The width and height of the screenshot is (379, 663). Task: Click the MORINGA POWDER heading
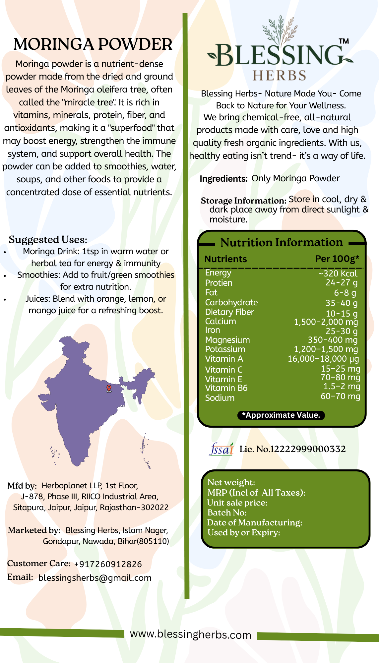tap(93, 44)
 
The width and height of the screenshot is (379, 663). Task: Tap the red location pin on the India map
tap(109, 388)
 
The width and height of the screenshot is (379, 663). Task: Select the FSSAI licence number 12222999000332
tap(308, 449)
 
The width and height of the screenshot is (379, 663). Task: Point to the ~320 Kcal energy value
tap(338, 273)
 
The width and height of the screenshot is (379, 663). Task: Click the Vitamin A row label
tap(224, 359)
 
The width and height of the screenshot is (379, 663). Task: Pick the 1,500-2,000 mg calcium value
tap(326, 322)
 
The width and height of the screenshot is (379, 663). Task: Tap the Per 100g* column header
tap(337, 259)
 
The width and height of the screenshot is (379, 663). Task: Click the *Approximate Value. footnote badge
tap(281, 415)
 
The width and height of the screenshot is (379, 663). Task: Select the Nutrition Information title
tap(282, 242)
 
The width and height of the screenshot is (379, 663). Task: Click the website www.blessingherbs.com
tap(190, 634)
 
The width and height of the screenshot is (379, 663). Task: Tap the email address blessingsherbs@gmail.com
tap(95, 578)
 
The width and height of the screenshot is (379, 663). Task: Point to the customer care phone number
tap(108, 564)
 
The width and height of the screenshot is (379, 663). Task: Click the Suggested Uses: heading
tap(48, 239)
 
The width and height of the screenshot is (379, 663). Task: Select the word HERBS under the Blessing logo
tap(279, 76)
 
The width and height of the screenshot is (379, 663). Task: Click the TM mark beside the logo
tap(344, 41)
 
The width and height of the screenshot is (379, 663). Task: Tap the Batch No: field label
tap(227, 513)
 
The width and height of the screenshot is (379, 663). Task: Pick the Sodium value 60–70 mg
tap(340, 396)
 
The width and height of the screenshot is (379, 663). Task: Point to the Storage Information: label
tap(243, 201)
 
